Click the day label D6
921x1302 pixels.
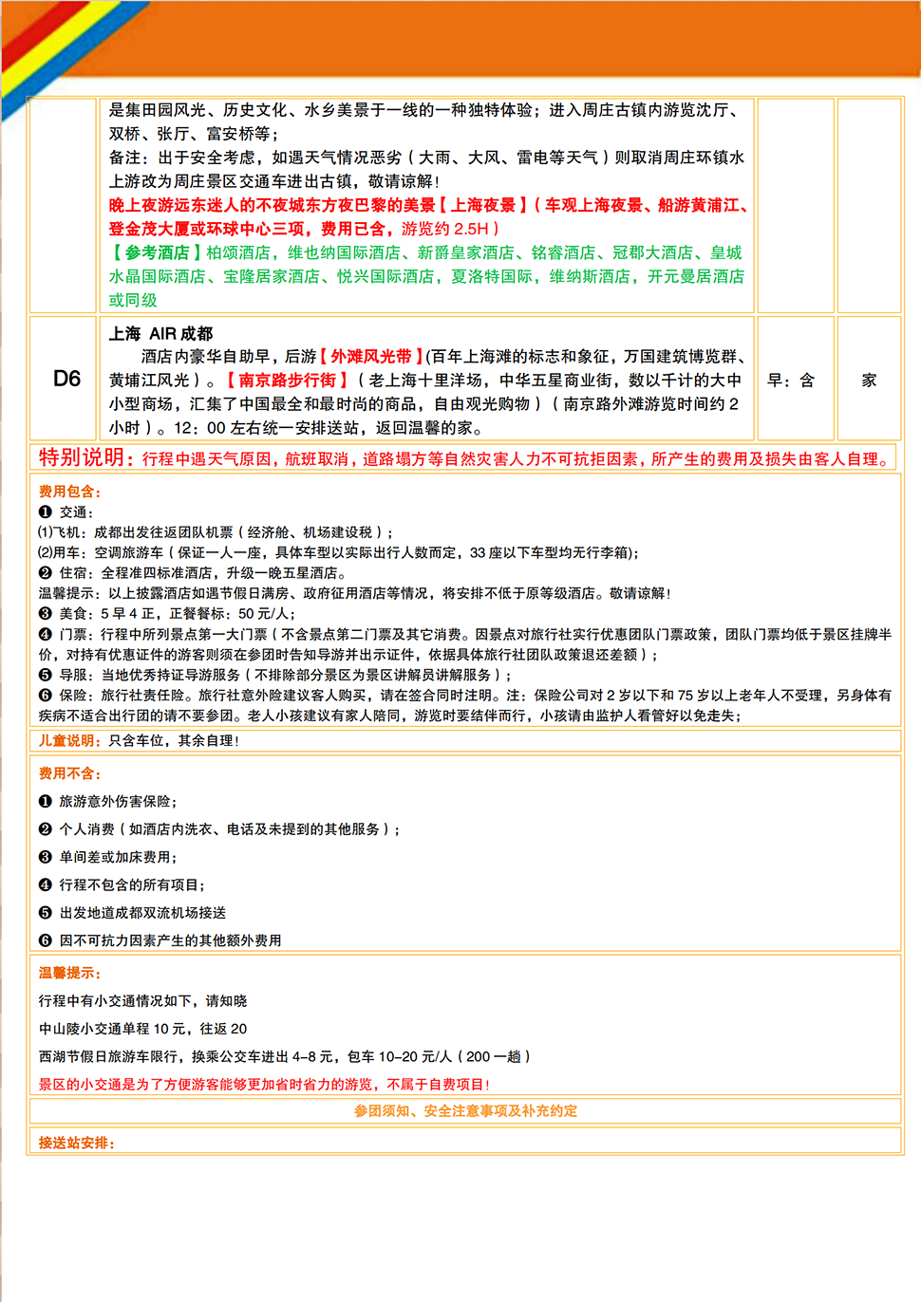[66, 379]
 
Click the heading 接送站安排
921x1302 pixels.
[75, 1143]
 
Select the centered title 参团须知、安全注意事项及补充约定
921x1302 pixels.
[465, 1110]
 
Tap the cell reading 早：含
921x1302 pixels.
[791, 380]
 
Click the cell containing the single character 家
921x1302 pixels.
[869, 380]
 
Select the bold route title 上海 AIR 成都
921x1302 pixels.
[160, 333]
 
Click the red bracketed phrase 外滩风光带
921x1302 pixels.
[371, 356]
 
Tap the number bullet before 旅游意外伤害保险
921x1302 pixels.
[45, 802]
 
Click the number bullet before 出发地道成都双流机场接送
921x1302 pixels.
[45, 913]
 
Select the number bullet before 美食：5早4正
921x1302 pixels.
[45, 613]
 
